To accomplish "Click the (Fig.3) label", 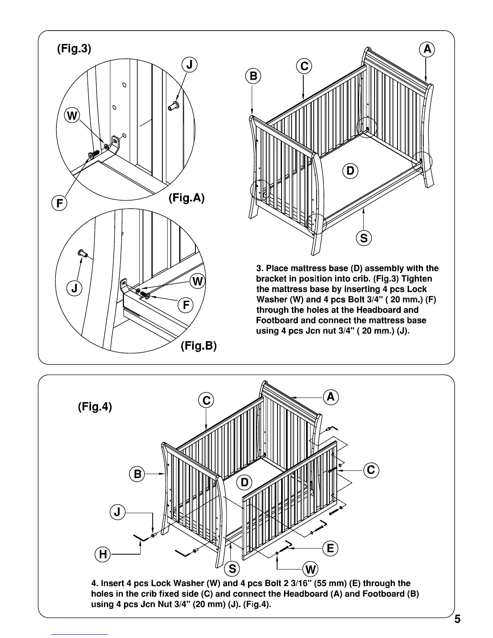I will tap(74, 49).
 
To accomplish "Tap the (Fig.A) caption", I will tap(187, 198).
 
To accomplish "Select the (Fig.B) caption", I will tap(199, 346).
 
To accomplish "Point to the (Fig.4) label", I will tap(95, 407).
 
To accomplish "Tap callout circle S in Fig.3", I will tap(364, 238).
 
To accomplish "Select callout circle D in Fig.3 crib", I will tap(350, 171).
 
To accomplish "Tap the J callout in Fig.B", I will tap(74, 288).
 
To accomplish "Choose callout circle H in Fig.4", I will tap(103, 555).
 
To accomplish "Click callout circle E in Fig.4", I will tap(330, 548).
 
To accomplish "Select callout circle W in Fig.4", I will tap(311, 570).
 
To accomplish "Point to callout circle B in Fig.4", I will tap(137, 474).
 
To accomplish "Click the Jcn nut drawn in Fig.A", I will tap(174, 106).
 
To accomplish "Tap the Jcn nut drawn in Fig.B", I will tap(82, 253).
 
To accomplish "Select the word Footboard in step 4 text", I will tap(393, 594).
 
